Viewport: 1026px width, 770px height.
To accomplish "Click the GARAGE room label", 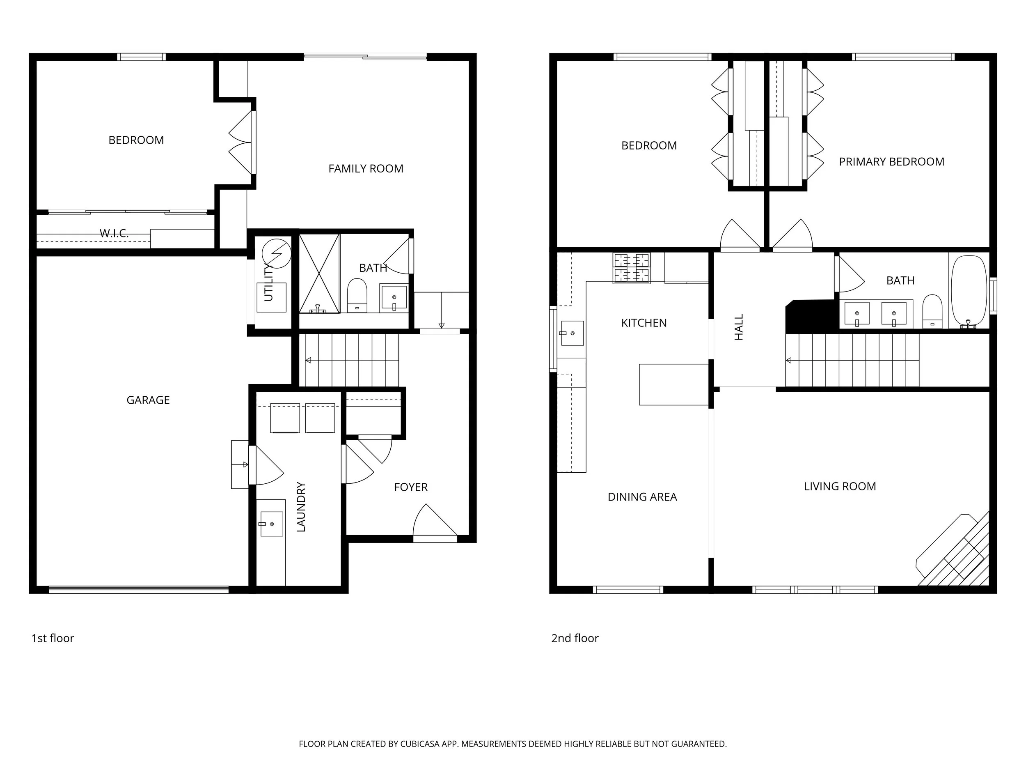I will click(148, 400).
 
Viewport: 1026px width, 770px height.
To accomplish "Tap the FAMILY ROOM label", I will click(366, 169).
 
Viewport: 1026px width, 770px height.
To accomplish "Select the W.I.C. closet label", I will click(114, 233).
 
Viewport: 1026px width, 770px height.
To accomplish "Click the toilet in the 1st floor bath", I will click(357, 296).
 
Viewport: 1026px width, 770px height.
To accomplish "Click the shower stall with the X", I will click(319, 274).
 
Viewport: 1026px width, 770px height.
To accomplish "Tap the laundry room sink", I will click(271, 524).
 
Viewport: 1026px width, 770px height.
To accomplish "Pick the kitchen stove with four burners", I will click(631, 268).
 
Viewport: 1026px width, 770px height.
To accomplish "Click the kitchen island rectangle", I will click(673, 385).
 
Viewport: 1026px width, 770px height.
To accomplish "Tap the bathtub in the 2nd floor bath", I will click(969, 291).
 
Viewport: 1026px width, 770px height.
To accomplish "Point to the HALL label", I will click(739, 327).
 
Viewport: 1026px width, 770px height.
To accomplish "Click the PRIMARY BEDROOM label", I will click(891, 162).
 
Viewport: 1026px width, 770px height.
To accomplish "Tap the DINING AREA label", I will click(642, 497).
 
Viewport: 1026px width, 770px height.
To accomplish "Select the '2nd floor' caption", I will click(574, 638).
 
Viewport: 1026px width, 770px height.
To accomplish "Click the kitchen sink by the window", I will click(572, 333).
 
